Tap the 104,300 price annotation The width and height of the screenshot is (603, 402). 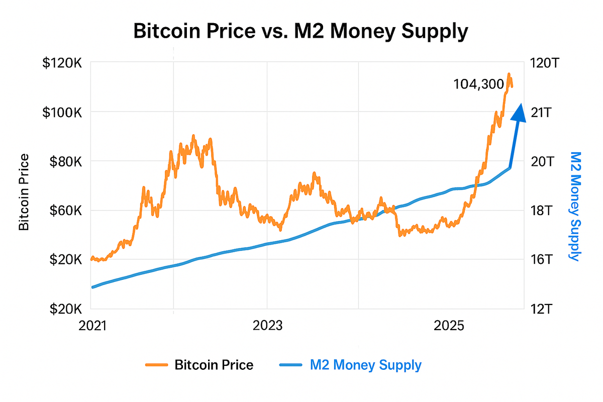click(479, 84)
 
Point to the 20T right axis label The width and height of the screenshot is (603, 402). click(542, 161)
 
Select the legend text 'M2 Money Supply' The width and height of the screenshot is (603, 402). click(366, 365)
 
